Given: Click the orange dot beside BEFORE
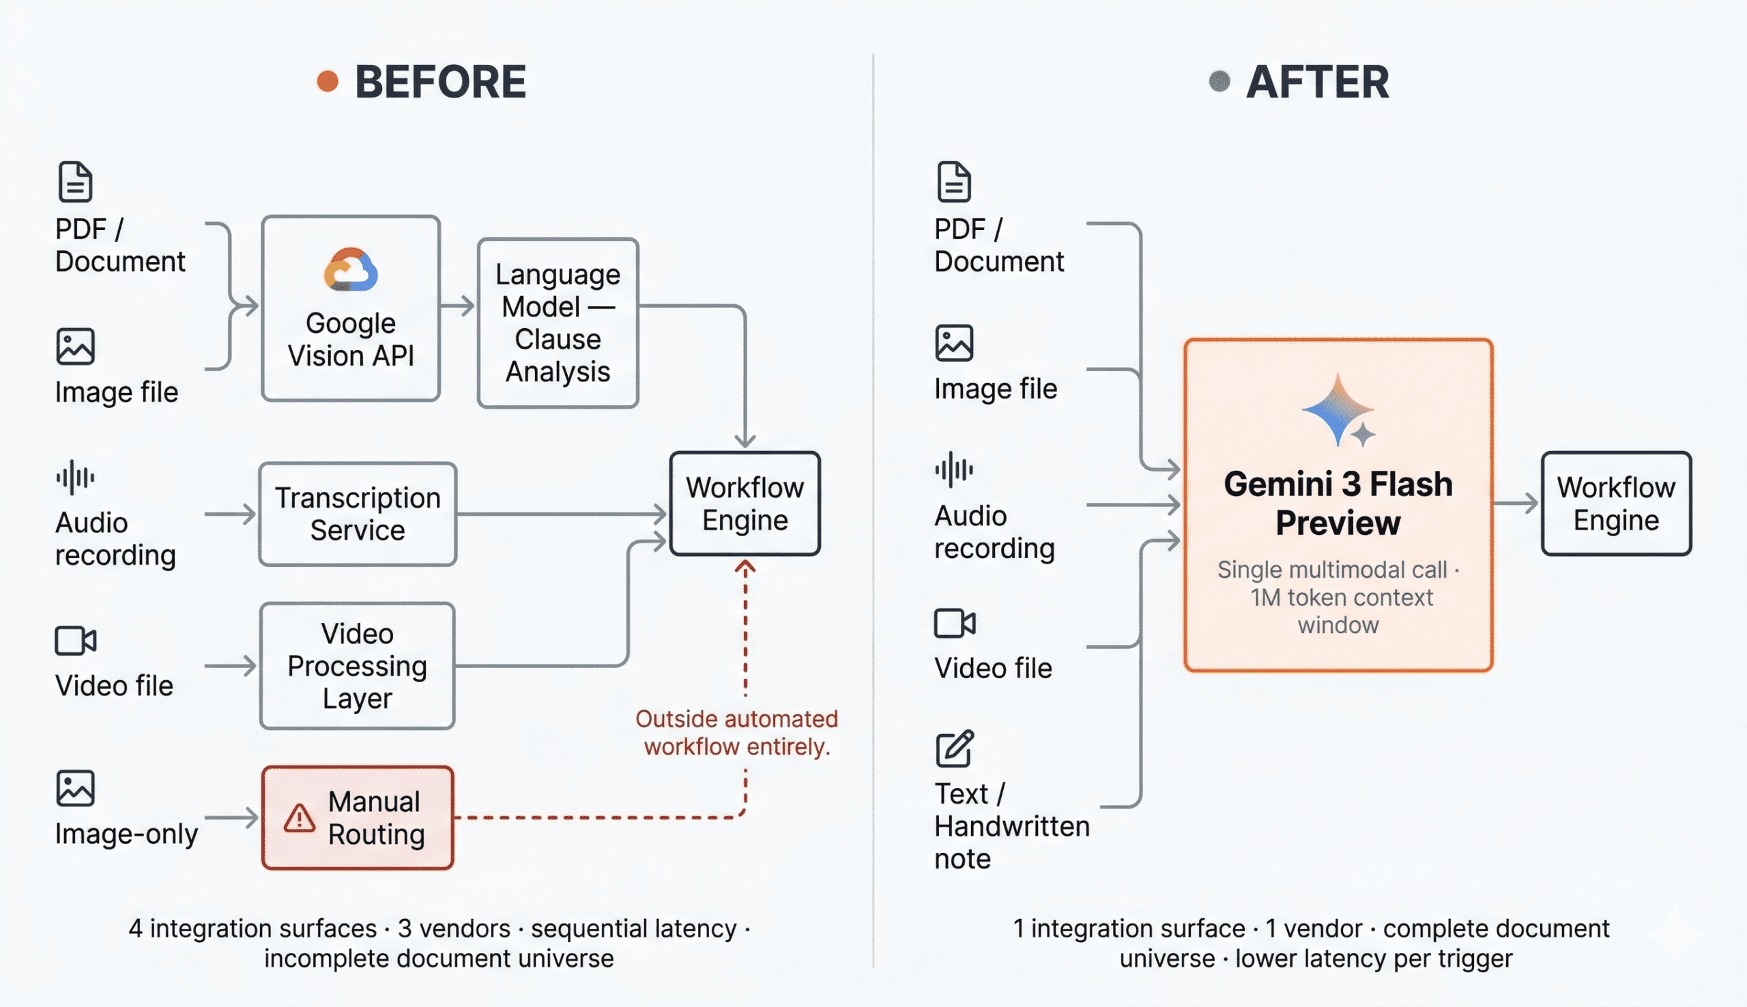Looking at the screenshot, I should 327,82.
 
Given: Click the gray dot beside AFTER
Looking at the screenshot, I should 1219,82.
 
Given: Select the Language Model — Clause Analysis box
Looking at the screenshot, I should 558,323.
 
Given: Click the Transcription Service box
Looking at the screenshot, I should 358,514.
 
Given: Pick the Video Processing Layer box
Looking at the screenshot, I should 358,665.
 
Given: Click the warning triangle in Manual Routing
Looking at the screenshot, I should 300,818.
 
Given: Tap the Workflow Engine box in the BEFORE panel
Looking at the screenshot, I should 745,503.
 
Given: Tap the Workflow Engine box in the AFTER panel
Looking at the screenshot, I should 1615,503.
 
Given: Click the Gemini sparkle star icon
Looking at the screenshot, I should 1338,410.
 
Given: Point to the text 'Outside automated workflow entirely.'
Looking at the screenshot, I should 736,733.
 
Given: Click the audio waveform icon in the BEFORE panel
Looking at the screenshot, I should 74,477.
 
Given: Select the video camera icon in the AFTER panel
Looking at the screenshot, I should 955,623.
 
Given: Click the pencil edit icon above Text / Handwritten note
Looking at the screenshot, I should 955,749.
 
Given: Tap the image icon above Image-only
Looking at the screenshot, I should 74,789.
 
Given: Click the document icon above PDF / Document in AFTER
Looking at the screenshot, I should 954,182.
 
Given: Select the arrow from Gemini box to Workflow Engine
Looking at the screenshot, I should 1516,503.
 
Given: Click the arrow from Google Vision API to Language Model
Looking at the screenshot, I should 458,305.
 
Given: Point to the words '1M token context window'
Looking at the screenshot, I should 1340,611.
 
